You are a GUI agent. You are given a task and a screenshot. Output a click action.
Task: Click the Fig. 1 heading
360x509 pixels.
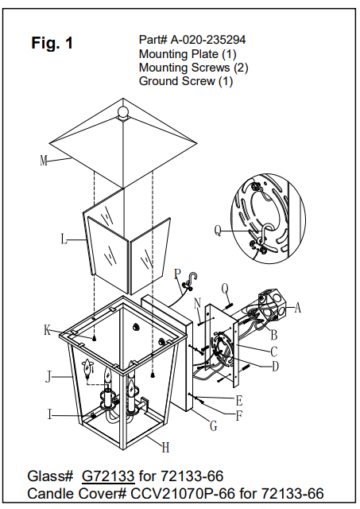click(x=52, y=44)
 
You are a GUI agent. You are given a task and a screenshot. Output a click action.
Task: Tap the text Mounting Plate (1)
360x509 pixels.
click(x=188, y=54)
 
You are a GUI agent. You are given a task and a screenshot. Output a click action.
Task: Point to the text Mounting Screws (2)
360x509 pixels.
click(x=193, y=68)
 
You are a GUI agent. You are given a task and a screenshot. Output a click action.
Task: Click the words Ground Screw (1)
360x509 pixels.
click(x=185, y=81)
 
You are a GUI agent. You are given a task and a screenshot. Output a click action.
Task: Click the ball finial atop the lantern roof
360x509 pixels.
click(x=123, y=111)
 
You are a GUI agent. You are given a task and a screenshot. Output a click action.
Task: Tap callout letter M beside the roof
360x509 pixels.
click(x=44, y=160)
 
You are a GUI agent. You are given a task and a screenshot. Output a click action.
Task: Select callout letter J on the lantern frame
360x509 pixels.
click(x=48, y=376)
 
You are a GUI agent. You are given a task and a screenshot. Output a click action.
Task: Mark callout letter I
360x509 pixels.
click(x=50, y=414)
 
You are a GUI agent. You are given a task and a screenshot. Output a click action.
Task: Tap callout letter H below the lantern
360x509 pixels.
click(x=165, y=447)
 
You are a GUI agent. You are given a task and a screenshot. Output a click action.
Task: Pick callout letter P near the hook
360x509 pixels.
click(x=177, y=274)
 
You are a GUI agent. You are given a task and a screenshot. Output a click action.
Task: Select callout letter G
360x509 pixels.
click(x=213, y=427)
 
